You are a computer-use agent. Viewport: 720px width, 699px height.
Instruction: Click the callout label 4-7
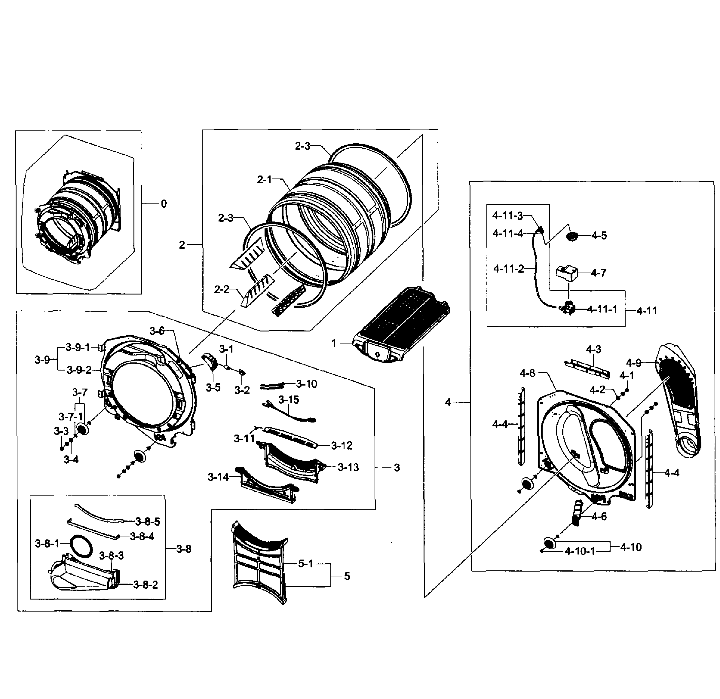pyautogui.click(x=599, y=273)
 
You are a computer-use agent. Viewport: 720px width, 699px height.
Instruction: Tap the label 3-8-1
pyautogui.click(x=47, y=544)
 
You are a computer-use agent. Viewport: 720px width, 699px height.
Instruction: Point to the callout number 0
pyautogui.click(x=164, y=204)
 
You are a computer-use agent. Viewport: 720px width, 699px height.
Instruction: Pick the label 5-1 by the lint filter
pyautogui.click(x=305, y=563)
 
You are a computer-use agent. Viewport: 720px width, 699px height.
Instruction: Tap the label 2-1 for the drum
pyautogui.click(x=264, y=180)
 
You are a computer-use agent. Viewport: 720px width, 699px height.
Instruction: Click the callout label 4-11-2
pyautogui.click(x=509, y=269)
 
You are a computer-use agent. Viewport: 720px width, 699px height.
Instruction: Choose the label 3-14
pyautogui.click(x=218, y=477)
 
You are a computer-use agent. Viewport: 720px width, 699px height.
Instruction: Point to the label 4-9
pyautogui.click(x=634, y=363)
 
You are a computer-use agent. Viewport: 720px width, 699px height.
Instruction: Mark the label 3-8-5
pyautogui.click(x=148, y=521)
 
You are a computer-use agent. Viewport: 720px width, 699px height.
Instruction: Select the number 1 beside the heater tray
pyautogui.click(x=334, y=343)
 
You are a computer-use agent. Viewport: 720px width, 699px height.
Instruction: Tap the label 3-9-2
pyautogui.click(x=79, y=370)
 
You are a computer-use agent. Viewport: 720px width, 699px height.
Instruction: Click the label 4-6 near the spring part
pyautogui.click(x=599, y=517)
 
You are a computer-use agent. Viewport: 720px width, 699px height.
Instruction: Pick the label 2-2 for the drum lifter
pyautogui.click(x=222, y=290)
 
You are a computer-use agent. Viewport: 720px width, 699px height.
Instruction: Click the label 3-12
pyautogui.click(x=342, y=445)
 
